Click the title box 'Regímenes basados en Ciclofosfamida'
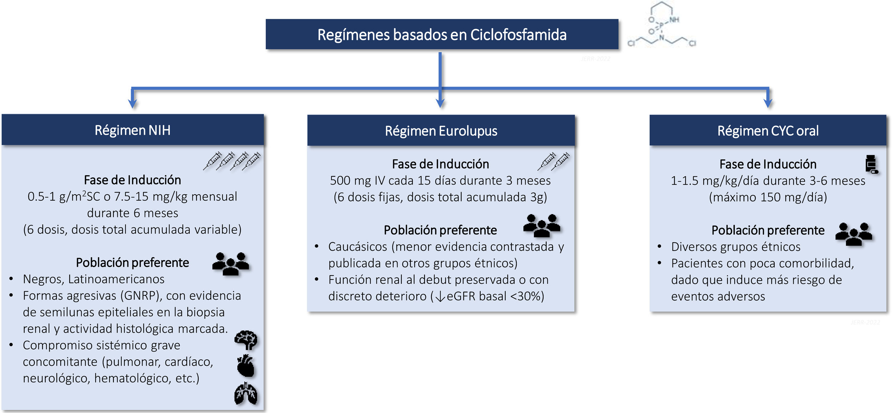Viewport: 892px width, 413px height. click(x=442, y=34)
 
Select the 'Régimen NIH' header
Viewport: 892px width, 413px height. click(x=132, y=130)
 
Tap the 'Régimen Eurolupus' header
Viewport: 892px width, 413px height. click(x=441, y=131)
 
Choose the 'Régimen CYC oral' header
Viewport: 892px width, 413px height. click(x=768, y=131)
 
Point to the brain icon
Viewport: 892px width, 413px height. click(x=246, y=340)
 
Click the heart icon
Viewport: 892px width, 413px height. click(x=246, y=366)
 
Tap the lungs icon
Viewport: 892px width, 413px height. click(x=246, y=394)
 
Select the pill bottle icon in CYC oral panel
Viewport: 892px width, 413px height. click(x=871, y=164)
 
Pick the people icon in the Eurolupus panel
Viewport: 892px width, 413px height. click(x=542, y=225)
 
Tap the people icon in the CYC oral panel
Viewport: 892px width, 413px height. click(x=854, y=234)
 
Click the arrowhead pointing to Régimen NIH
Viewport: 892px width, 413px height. click(x=132, y=104)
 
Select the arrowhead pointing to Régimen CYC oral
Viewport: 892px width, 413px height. click(x=768, y=104)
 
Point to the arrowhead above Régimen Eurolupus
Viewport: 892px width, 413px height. click(x=440, y=104)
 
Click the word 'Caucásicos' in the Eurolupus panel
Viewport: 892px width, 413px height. click(x=358, y=247)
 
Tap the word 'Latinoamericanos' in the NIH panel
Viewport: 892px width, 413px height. click(x=116, y=279)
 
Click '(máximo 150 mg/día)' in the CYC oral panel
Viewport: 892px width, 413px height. click(x=768, y=197)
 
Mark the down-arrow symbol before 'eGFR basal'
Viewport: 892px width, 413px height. click(x=440, y=297)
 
